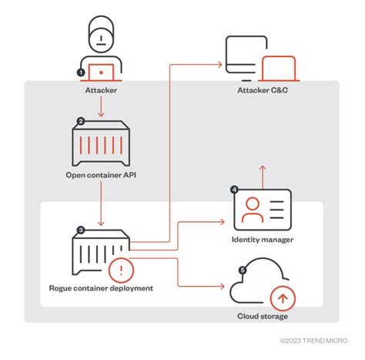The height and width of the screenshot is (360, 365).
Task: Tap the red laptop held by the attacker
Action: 102,73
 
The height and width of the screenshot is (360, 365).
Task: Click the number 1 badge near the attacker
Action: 81,72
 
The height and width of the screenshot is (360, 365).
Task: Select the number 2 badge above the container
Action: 80,120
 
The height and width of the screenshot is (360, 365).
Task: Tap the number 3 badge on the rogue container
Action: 80,230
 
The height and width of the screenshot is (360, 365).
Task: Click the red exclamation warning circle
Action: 121,271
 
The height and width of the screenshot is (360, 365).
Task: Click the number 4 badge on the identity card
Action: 234,188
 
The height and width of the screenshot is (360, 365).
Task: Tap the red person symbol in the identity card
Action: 252,208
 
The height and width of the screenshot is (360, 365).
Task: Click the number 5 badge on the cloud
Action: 244,270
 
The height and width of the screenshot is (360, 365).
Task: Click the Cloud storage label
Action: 263,316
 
